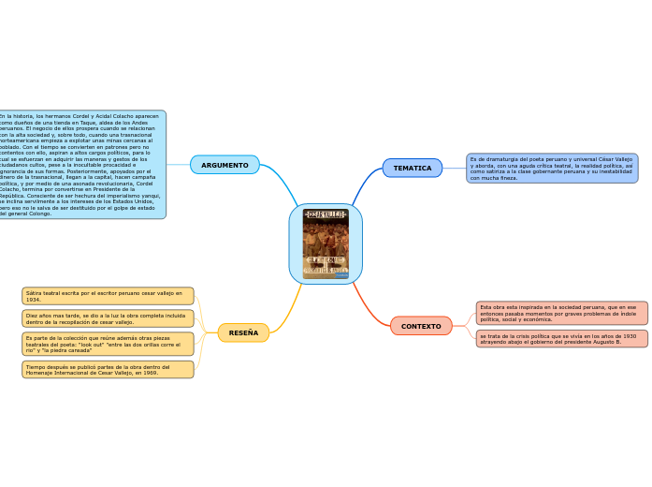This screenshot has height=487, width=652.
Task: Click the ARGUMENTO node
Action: tap(225, 165)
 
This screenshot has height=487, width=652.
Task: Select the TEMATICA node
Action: tap(412, 168)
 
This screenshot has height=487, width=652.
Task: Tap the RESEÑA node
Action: tap(243, 332)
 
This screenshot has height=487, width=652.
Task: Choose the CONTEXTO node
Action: tap(421, 326)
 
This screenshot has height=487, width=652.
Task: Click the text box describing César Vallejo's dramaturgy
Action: tap(552, 168)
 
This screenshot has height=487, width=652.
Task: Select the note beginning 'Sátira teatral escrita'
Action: tap(108, 296)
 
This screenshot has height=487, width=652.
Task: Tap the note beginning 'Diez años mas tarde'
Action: tap(108, 318)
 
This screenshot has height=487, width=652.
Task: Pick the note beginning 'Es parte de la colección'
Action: tap(108, 344)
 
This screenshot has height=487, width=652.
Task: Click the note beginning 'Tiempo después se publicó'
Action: tap(108, 369)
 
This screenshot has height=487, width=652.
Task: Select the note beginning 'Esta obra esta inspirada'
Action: tap(561, 313)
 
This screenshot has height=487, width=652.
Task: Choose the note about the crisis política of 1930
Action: tap(561, 338)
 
